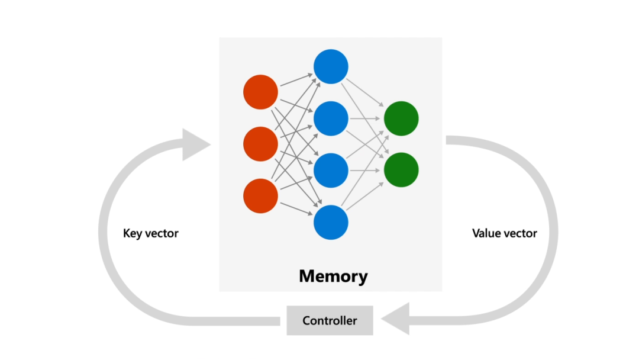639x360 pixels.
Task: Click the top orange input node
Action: point(260,92)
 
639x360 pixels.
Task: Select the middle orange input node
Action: point(260,144)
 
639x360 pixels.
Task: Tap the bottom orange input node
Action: point(260,196)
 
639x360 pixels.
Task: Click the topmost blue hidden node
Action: point(331,66)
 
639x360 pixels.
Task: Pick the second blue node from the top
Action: point(331,118)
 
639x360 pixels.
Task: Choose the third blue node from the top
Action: point(331,171)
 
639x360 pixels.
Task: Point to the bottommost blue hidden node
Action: point(331,222)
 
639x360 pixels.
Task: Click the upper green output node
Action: point(401,118)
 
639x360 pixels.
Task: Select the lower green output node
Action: point(401,170)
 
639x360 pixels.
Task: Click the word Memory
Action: point(333,276)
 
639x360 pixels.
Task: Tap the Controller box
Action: point(330,320)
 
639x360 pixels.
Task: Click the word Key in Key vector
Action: point(133,233)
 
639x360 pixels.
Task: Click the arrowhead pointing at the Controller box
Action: point(395,319)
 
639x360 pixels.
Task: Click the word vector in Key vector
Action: point(162,234)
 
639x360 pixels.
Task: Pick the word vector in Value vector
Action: point(520,234)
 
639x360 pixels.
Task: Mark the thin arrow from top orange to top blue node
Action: point(296,80)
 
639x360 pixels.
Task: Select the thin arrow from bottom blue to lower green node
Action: point(364,197)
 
